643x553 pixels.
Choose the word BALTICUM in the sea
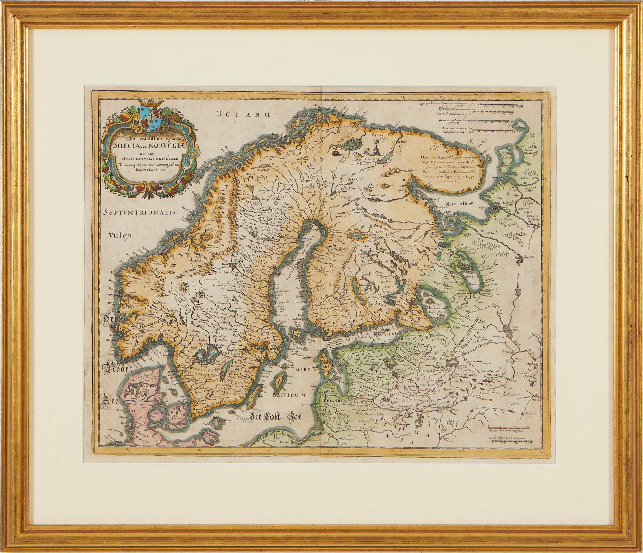point(290,395)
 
